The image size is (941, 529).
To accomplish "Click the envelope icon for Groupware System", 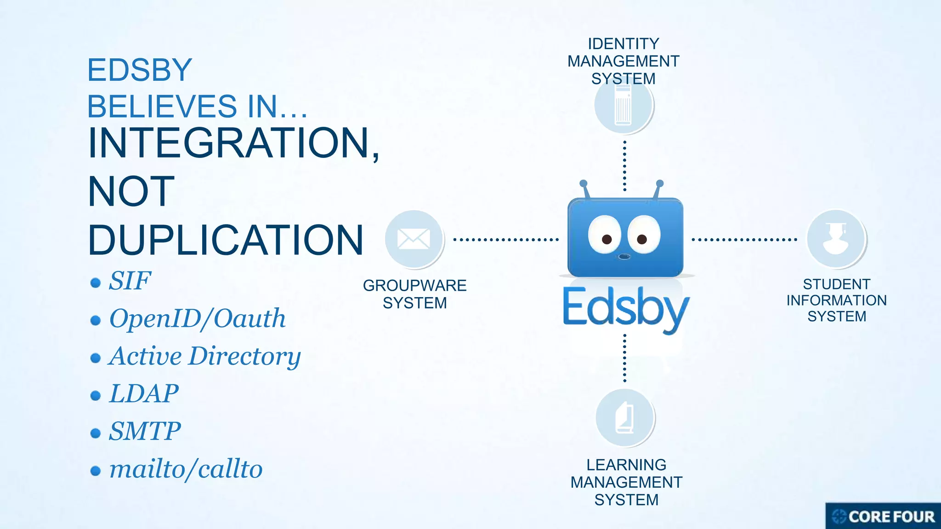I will point(414,239).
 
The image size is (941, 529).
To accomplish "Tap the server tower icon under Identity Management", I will point(624,106).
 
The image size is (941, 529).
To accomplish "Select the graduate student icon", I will point(836,239).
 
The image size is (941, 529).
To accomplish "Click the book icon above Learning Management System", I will point(625,417).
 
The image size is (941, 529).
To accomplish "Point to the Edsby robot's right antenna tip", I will point(660,184).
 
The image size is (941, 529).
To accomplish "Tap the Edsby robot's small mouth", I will point(624,256).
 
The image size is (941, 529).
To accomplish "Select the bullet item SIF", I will point(130,281).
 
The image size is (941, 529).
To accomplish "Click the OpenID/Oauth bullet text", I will point(197,318).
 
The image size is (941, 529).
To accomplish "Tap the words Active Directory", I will point(204,356).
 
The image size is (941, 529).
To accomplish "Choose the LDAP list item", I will point(143,394).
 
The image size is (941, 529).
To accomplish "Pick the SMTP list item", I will point(144,431).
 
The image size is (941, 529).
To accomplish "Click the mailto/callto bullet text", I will point(186,469).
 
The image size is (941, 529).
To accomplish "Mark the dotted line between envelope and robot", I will point(506,240).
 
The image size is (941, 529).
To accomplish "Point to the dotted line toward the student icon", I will point(744,240).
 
